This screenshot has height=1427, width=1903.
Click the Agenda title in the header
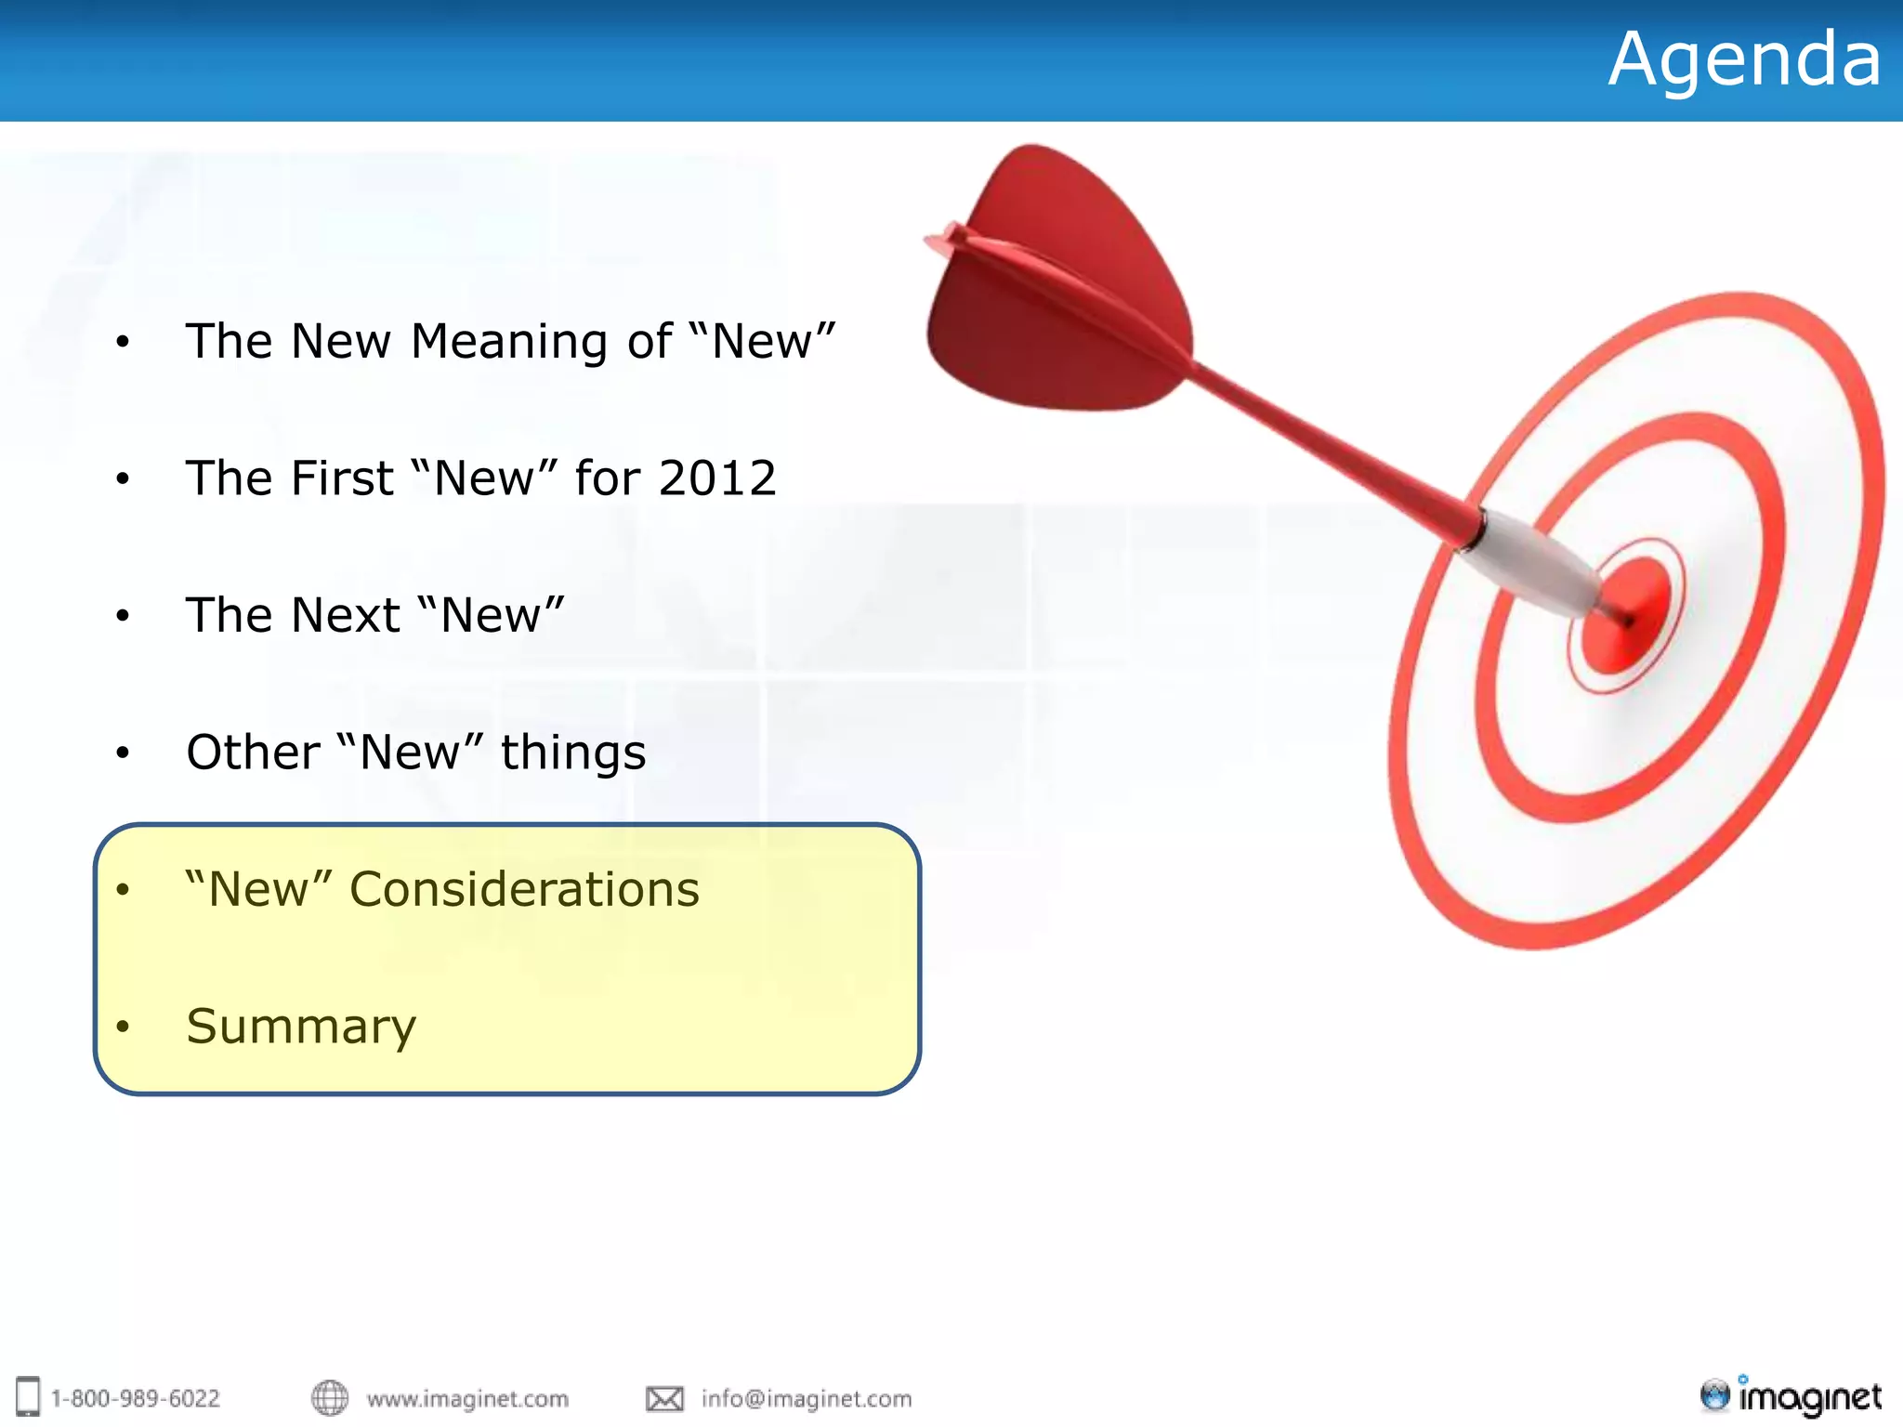pyautogui.click(x=1744, y=60)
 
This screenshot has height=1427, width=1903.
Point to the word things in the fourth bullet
pyautogui.click(x=572, y=753)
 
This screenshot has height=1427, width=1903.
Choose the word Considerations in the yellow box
pyautogui.click(x=524, y=889)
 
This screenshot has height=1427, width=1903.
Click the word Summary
pyautogui.click(x=301, y=1027)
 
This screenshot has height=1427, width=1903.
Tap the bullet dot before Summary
pyautogui.click(x=123, y=1028)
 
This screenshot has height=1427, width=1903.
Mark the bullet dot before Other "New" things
pyautogui.click(x=123, y=753)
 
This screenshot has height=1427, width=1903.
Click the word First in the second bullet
pyautogui.click(x=343, y=478)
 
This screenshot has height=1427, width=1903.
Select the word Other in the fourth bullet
pyautogui.click(x=253, y=752)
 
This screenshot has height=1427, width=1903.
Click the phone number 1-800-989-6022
pyautogui.click(x=136, y=1399)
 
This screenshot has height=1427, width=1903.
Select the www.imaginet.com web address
pyautogui.click(x=467, y=1399)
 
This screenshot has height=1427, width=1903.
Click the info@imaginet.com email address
pyautogui.click(x=807, y=1399)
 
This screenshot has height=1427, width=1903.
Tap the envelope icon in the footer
pyautogui.click(x=664, y=1398)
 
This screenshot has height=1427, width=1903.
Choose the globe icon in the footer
pyautogui.click(x=329, y=1397)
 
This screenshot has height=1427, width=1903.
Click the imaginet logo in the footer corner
pyautogui.click(x=1791, y=1395)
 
